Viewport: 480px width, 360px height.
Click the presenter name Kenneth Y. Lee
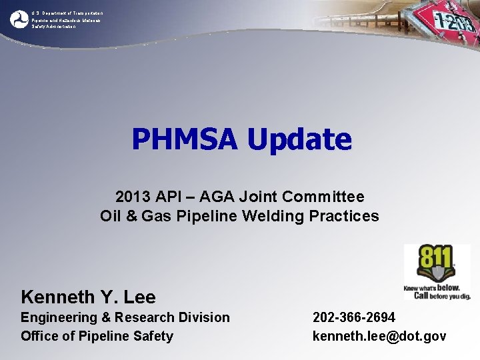[x=88, y=297]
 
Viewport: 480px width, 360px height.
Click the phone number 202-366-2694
[x=354, y=317]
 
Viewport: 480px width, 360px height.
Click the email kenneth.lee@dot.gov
[x=379, y=336]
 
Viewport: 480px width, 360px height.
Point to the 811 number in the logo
[x=435, y=257]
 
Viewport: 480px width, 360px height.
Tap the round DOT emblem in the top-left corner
[x=18, y=19]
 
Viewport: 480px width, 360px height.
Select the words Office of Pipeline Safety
[x=97, y=336]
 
